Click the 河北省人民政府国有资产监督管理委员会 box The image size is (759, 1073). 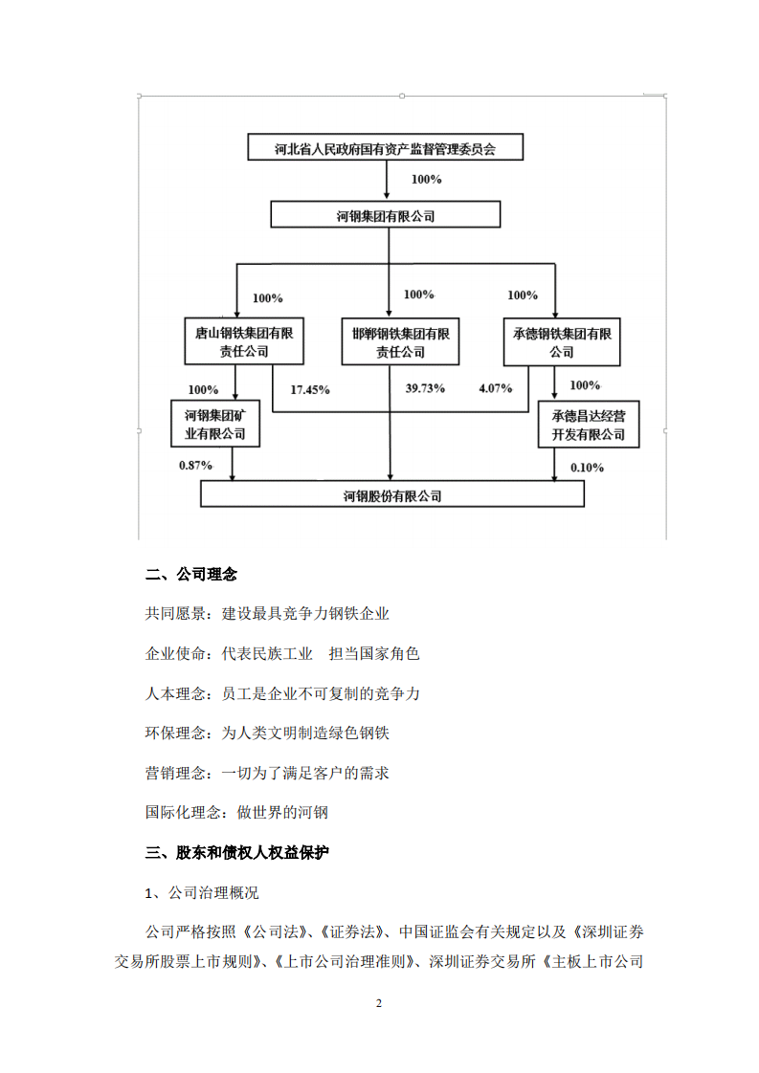(x=385, y=148)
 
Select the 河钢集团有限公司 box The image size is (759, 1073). (x=385, y=216)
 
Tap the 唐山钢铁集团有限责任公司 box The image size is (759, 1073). (x=244, y=342)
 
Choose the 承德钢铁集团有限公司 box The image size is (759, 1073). (x=562, y=342)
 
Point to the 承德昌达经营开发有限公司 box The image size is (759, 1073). (x=588, y=425)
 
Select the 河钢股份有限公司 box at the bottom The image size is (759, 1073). (x=391, y=495)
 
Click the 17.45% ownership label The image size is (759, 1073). (x=310, y=390)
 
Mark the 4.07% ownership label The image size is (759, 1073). (x=496, y=389)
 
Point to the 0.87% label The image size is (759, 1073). (x=195, y=466)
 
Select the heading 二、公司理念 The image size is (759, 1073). (x=191, y=575)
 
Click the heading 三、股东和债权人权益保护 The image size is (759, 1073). (x=236, y=852)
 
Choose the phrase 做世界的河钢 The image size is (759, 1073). (x=282, y=813)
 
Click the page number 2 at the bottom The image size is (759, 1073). (x=379, y=1003)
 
